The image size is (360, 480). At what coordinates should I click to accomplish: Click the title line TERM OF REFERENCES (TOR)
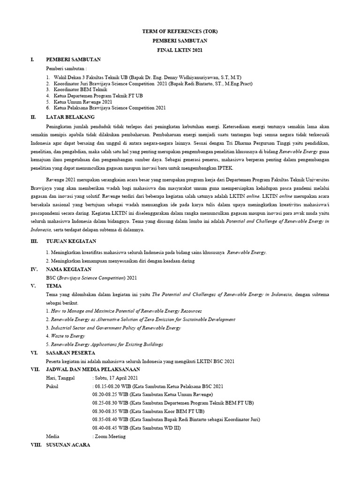tap(180, 31)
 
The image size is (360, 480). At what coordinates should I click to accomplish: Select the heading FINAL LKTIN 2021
tap(180, 50)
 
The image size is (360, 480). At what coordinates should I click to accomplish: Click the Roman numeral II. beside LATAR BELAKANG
tap(32, 116)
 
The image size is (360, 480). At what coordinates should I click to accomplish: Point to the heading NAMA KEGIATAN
tap(69, 270)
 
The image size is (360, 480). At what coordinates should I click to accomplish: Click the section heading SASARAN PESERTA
tap(70, 352)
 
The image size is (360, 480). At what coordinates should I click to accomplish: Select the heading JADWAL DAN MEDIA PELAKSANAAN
tap(92, 369)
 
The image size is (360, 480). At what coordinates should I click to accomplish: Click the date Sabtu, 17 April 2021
tap(116, 378)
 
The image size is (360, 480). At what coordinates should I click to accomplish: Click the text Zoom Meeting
tap(110, 436)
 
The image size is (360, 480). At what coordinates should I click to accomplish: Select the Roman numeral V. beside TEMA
tap(33, 285)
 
